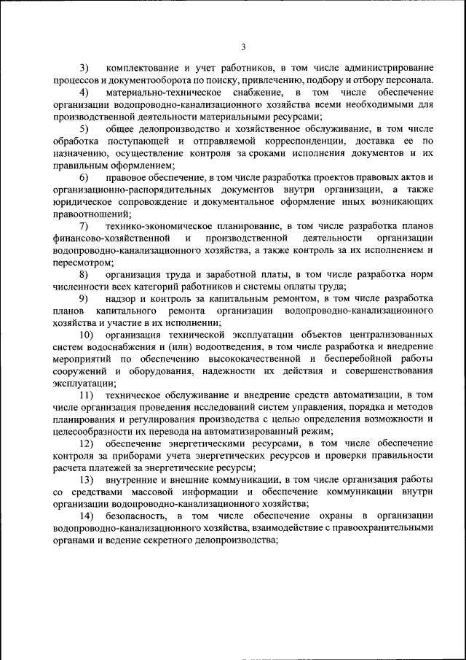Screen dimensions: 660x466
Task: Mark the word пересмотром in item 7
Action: click(79, 262)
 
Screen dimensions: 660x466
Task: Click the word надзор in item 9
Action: click(121, 298)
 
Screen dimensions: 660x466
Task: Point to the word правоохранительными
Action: click(382, 528)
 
